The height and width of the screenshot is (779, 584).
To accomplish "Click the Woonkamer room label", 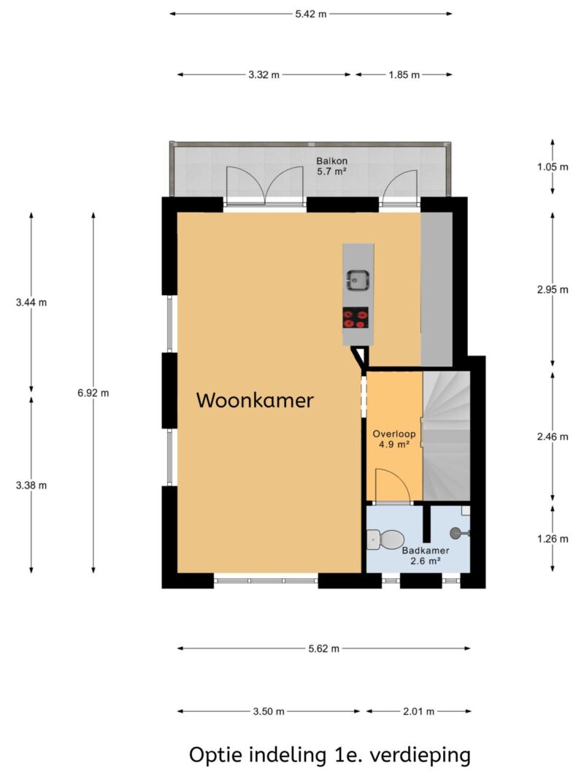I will tap(255, 400).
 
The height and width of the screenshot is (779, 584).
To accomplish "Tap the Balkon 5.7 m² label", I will tap(331, 166).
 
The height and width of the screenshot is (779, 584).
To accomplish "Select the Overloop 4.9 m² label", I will tap(393, 437).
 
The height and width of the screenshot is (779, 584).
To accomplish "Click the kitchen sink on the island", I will tap(358, 278).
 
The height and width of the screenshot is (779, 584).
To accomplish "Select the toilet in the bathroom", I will tap(383, 541).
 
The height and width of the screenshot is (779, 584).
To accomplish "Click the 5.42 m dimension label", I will tap(310, 14).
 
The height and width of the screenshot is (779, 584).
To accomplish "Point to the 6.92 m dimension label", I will tap(93, 393).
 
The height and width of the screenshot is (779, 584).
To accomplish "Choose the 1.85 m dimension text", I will tap(404, 74).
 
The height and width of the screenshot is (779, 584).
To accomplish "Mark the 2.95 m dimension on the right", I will tap(552, 289).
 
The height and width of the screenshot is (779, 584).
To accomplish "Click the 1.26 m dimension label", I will tap(552, 539).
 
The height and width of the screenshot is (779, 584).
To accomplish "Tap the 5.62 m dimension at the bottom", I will tap(324, 648).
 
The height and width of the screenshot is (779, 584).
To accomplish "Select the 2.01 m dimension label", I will tap(418, 711).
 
